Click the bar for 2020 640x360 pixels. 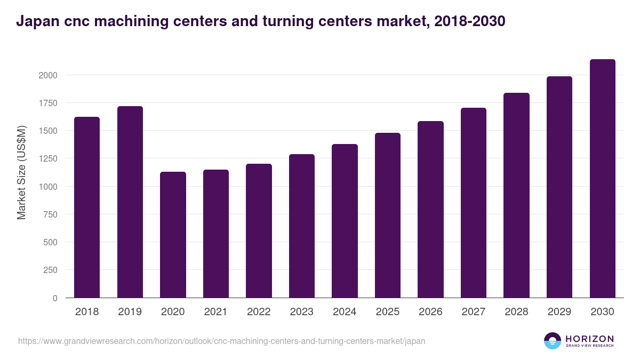tap(173, 235)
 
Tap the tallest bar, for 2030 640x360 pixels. tap(602, 179)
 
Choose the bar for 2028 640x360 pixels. tap(516, 195)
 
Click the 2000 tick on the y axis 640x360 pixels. tap(47, 75)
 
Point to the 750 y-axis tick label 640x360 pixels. tap(50, 214)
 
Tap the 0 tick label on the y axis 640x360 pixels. tap(54, 298)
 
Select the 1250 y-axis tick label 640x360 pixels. tap(47, 159)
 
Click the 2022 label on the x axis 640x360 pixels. tap(259, 312)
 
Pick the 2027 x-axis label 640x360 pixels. tap(474, 312)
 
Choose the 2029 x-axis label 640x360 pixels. tap(559, 312)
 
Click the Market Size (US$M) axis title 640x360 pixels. tap(21, 172)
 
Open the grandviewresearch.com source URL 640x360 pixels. tap(221, 341)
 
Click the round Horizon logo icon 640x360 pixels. tap(553, 341)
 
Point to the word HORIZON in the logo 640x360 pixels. tap(589, 338)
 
